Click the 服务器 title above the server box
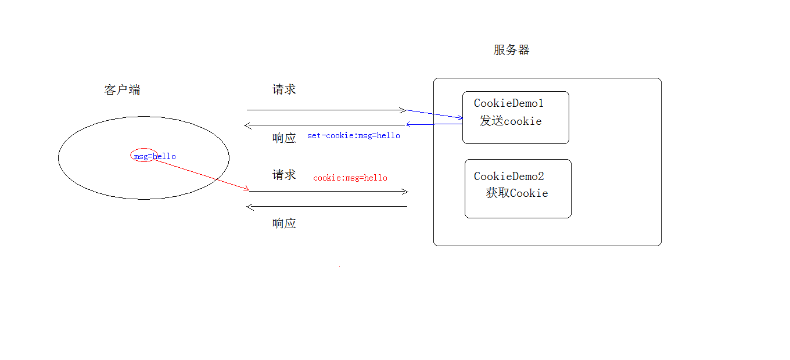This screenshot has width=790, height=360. pos(511,50)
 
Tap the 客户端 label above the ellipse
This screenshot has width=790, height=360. pos(122,90)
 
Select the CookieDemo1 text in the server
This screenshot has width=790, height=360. pos(509,103)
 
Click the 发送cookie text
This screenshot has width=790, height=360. pos(511,121)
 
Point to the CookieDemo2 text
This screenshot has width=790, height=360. pos(509,176)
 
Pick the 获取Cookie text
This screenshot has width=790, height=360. pos(517,193)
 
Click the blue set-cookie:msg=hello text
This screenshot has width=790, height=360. pos(354,135)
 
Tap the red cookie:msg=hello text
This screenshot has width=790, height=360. pos(350,178)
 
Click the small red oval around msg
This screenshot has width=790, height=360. pos(143,155)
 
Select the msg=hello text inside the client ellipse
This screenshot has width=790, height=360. pos(155,156)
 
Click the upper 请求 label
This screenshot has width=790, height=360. pos(284,89)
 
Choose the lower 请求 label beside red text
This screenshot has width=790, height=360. pos(284,175)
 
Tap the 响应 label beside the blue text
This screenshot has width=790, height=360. pos(284,138)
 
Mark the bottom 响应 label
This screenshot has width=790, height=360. pos(284,224)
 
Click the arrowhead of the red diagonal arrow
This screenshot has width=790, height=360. pos(246,189)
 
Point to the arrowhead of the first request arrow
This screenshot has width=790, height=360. pos(404,110)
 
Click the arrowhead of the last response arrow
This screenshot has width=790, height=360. pos(249,207)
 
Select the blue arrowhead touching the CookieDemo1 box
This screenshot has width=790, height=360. pos(461,118)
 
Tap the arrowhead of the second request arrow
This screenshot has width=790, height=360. pos(406,192)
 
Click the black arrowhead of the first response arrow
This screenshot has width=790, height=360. pos(246,125)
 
